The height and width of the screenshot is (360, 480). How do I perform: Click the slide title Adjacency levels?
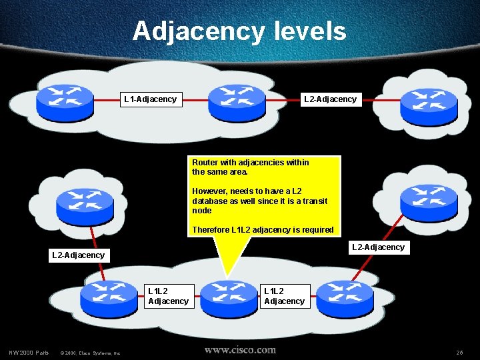click(x=239, y=31)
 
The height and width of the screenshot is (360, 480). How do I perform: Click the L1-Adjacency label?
click(x=151, y=99)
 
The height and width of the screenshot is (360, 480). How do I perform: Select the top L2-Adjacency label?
click(x=330, y=99)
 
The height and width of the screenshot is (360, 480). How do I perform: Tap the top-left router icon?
click(x=65, y=98)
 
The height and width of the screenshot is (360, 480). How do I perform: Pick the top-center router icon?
click(x=237, y=100)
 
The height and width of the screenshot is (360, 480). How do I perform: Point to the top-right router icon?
click(x=429, y=100)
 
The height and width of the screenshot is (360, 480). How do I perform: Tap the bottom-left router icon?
click(x=108, y=297)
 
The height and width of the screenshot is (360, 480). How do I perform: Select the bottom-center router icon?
click(x=229, y=297)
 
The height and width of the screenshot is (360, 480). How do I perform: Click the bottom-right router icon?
click(x=344, y=297)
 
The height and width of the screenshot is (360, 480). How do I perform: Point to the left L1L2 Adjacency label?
click(x=168, y=296)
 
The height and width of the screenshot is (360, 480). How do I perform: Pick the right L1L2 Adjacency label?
click(x=284, y=296)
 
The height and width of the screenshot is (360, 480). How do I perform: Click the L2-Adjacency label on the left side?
click(x=78, y=255)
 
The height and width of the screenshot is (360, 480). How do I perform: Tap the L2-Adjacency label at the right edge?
click(x=378, y=247)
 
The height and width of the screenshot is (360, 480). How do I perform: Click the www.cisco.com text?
click(x=240, y=349)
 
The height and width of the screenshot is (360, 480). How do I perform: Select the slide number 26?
click(x=459, y=352)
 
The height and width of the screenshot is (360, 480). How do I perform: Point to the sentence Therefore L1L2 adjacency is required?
click(x=263, y=230)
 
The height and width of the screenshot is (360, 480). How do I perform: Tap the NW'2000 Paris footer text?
click(x=29, y=352)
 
